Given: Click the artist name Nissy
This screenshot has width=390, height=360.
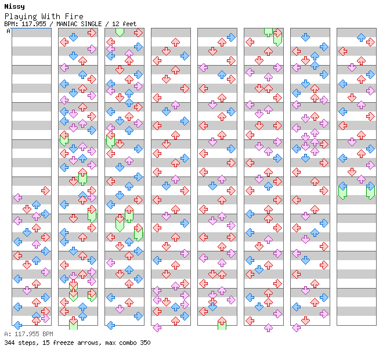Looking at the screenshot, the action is tap(15, 6).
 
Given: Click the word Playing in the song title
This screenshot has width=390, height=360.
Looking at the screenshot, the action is tap(21, 17).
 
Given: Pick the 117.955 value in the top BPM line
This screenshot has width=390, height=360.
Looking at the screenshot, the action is tap(34, 24).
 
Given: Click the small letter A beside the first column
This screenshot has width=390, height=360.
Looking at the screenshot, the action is tap(9, 31).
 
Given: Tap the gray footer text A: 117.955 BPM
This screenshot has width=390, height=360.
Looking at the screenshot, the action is tap(28, 334).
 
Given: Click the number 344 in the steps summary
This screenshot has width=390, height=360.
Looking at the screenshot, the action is tap(9, 343).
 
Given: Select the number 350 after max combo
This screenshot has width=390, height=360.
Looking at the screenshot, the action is tap(145, 343).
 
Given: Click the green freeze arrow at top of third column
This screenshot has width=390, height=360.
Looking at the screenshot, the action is tap(120, 33).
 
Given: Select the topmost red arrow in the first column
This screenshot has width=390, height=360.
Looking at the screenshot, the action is tap(45, 191).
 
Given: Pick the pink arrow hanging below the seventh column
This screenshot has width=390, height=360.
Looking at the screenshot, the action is tap(296, 327).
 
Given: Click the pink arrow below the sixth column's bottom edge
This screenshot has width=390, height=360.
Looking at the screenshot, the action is tap(268, 327).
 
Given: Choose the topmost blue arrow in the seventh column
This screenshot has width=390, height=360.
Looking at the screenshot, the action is tap(305, 37).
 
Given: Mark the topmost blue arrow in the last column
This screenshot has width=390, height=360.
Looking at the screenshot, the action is tap(361, 37).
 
